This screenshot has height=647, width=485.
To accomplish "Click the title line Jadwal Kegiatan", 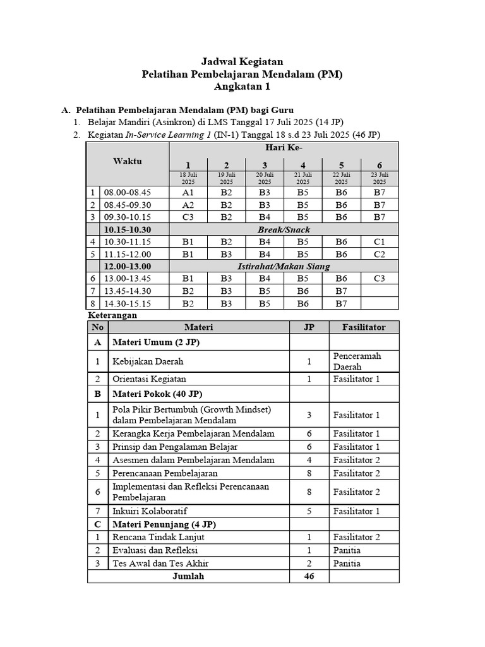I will [242, 61].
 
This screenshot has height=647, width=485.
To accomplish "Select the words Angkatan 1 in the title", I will [242, 87].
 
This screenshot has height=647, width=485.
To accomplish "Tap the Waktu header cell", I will [128, 161].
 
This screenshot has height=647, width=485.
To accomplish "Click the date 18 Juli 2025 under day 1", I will [188, 178].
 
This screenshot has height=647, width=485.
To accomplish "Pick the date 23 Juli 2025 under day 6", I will [379, 178].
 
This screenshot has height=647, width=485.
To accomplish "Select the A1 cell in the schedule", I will [188, 192].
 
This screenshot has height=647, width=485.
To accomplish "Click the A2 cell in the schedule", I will [188, 205].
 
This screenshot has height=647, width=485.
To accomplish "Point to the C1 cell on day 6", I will [379, 241].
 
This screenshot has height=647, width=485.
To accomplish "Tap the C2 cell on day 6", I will [379, 254].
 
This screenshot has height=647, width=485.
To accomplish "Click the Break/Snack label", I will [284, 229].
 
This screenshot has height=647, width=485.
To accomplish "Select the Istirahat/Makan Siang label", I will [284, 267].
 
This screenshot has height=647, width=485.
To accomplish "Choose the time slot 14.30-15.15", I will [128, 303].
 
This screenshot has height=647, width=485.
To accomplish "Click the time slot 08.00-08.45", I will [128, 192].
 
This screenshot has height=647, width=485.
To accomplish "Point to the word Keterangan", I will [111, 315].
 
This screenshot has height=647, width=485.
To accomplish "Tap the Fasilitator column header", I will [364, 327].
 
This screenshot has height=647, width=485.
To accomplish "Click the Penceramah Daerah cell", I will [357, 361].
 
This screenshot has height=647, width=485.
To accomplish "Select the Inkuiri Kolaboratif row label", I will [150, 511].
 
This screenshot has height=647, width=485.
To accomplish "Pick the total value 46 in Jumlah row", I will [309, 576].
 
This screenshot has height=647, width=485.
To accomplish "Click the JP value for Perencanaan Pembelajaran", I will [309, 473].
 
